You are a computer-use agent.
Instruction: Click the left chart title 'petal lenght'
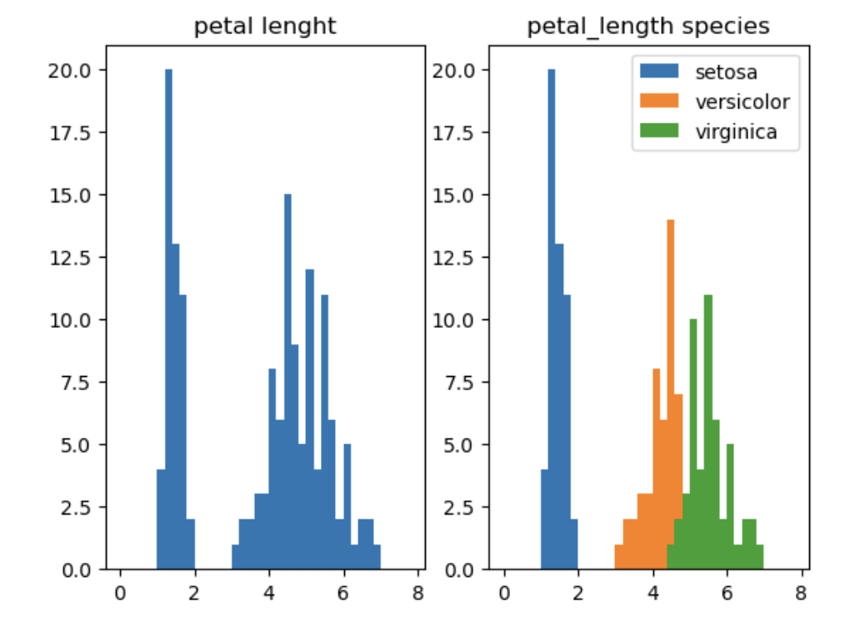(x=265, y=27)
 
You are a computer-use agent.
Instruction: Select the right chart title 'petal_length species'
(x=647, y=27)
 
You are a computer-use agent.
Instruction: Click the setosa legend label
(x=726, y=72)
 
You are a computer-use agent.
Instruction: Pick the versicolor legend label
(x=742, y=102)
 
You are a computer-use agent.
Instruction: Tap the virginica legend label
(x=736, y=132)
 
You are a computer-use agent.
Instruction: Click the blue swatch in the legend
(x=661, y=72)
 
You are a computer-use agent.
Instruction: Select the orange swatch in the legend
(x=661, y=102)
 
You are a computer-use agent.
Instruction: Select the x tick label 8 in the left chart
(x=417, y=593)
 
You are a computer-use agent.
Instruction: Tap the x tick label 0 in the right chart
(x=504, y=593)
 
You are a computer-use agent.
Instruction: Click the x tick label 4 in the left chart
(x=269, y=593)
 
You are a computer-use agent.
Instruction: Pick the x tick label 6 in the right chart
(x=727, y=593)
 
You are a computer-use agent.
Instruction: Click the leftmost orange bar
(x=619, y=558)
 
